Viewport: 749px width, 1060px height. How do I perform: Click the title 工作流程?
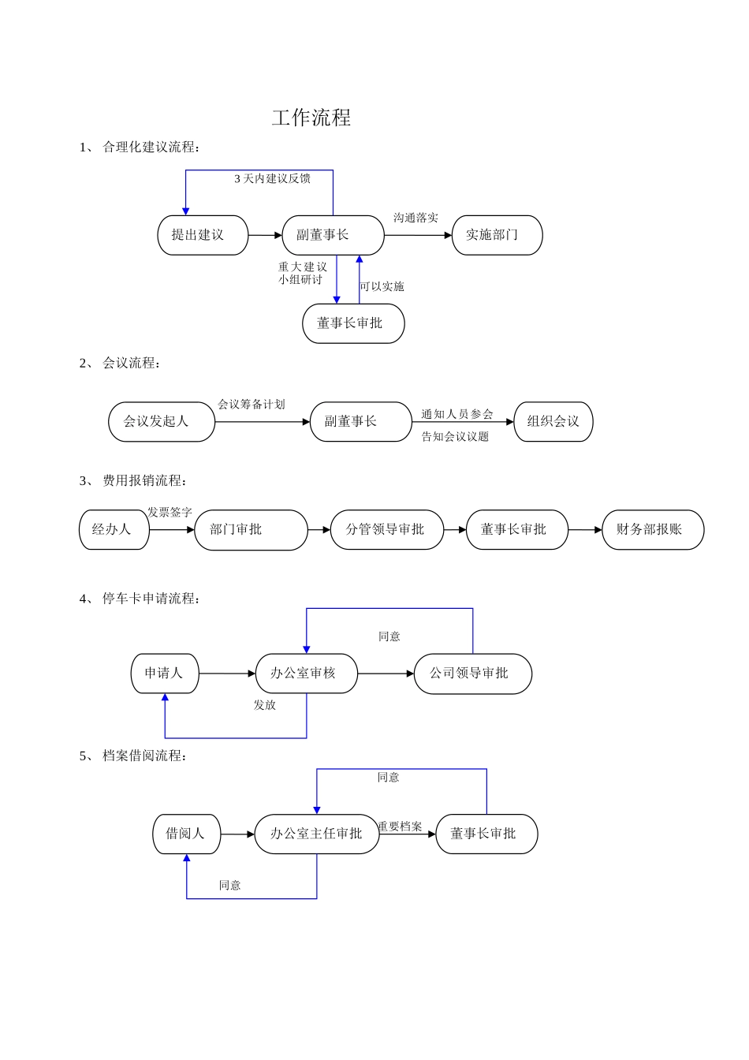click(311, 118)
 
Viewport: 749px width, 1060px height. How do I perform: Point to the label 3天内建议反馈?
click(272, 179)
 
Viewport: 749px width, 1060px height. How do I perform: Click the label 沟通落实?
click(415, 218)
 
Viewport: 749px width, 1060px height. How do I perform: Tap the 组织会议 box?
click(553, 422)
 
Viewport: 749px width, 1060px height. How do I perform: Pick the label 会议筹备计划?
click(252, 405)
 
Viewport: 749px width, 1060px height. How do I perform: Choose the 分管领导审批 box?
click(386, 530)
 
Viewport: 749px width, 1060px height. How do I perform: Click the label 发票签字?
click(170, 513)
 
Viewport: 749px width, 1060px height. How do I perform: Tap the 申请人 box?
click(165, 674)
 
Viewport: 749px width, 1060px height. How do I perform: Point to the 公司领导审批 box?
click(472, 674)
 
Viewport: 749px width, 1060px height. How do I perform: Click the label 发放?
click(265, 705)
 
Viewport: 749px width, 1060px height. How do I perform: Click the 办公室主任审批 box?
click(317, 834)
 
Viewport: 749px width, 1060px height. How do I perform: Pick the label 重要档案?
click(400, 827)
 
